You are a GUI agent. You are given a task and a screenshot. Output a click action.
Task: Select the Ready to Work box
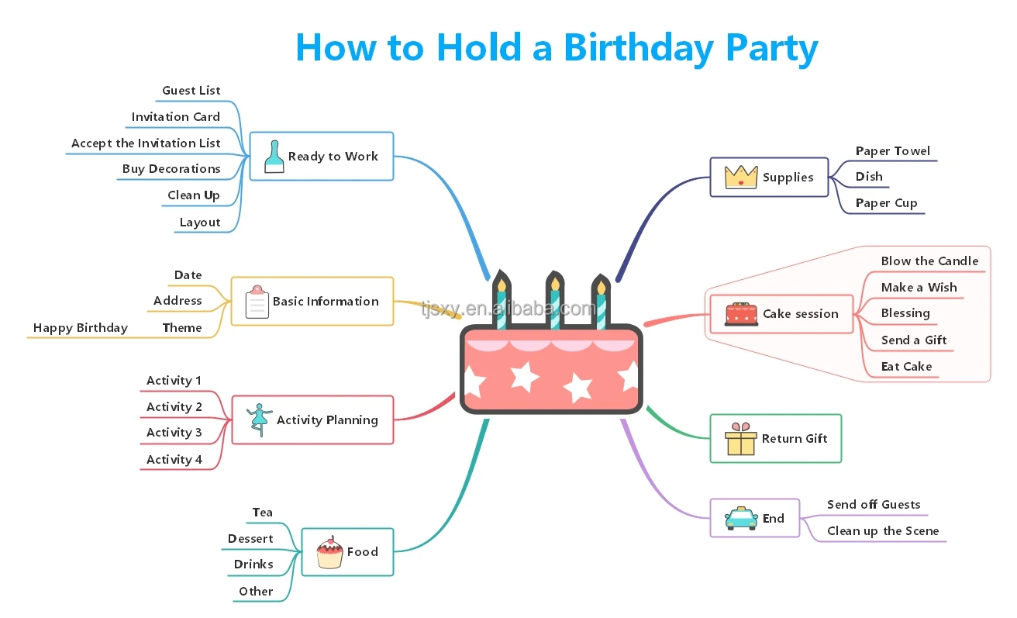click(x=322, y=157)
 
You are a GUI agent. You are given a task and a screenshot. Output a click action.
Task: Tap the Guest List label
click(x=191, y=91)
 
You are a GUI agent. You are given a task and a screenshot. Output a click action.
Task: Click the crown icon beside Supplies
click(x=741, y=177)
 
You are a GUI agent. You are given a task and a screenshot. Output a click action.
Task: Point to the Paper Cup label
click(x=886, y=203)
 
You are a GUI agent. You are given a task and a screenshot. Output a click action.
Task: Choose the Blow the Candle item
click(x=929, y=261)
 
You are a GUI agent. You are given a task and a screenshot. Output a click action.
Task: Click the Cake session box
click(x=781, y=314)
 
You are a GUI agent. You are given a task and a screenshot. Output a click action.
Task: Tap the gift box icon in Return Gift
click(x=740, y=440)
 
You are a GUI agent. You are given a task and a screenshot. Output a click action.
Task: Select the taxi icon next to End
click(x=741, y=518)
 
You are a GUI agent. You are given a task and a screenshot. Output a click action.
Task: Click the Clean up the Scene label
click(x=883, y=531)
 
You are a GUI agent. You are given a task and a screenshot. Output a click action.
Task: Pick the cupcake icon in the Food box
click(x=329, y=553)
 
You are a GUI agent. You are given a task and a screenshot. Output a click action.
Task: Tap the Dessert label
click(x=250, y=539)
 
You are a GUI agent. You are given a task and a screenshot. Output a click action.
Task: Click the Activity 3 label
click(x=174, y=433)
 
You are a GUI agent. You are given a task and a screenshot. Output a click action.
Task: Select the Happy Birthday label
click(x=81, y=328)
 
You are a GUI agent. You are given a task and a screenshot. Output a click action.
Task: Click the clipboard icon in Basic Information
click(x=257, y=302)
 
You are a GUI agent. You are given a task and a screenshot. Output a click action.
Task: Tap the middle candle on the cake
click(x=554, y=299)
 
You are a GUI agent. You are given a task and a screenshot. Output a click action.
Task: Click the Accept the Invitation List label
click(x=146, y=143)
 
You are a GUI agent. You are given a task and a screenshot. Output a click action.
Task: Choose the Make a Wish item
click(x=919, y=288)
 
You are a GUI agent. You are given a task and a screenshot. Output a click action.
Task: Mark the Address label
click(x=178, y=301)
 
